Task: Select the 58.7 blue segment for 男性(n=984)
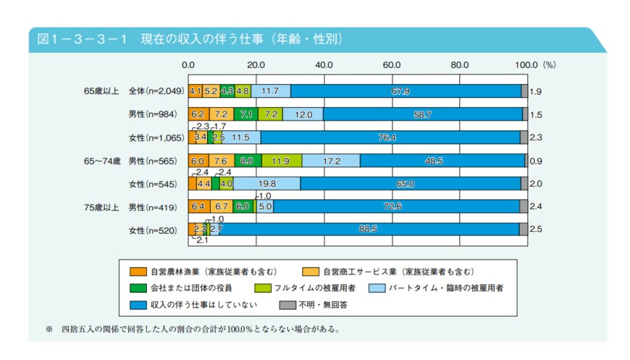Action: click(422, 114)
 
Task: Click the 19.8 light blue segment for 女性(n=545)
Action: click(266, 184)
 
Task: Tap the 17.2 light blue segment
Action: click(331, 160)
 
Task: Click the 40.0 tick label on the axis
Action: click(324, 64)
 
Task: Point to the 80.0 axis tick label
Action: click(459, 64)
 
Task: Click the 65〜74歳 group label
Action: click(101, 161)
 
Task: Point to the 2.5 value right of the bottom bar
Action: click(536, 230)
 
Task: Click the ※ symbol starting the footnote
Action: click(50, 330)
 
